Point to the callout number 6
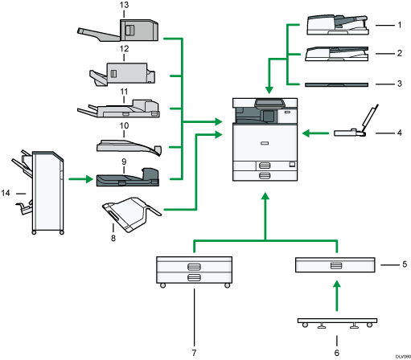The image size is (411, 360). pyautogui.click(x=335, y=351)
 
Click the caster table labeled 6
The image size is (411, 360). pyautogui.click(x=335, y=324)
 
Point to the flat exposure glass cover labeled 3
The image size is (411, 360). pyautogui.click(x=338, y=83)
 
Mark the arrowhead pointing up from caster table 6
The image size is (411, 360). pyautogui.click(x=335, y=287)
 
